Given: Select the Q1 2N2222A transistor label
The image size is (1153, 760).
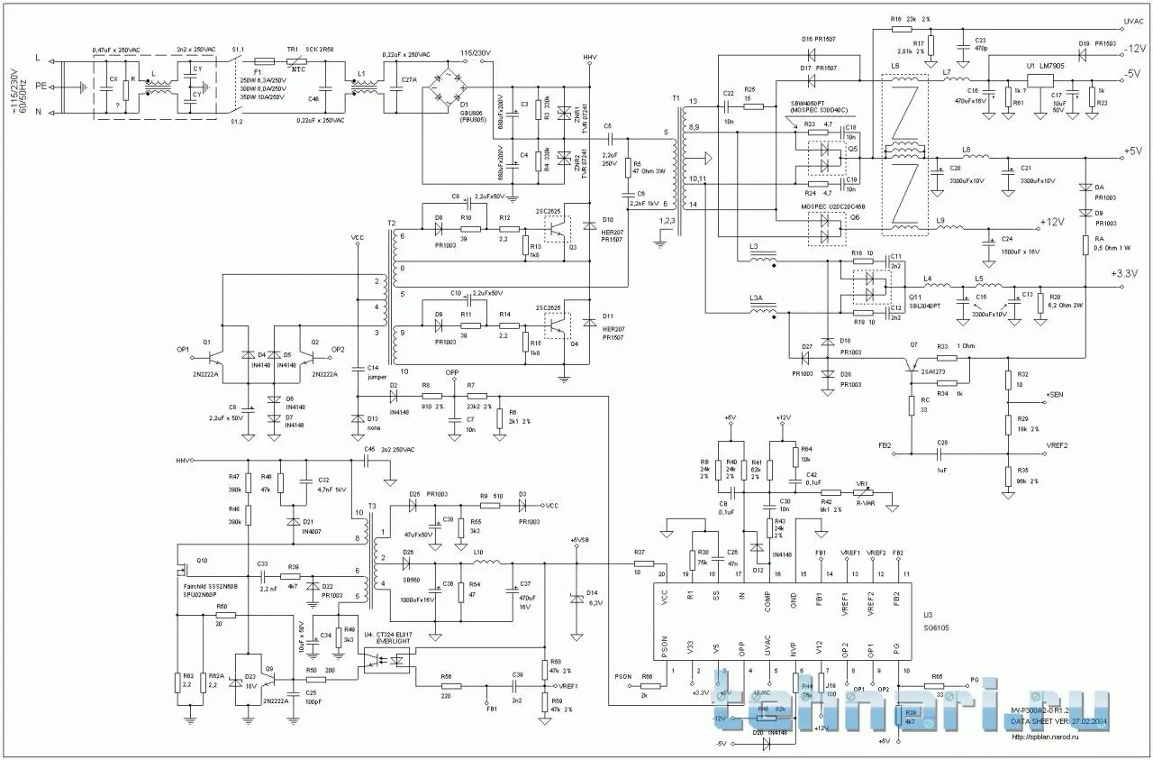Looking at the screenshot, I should tap(209, 343).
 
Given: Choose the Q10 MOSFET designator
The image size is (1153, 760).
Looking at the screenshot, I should tap(201, 560).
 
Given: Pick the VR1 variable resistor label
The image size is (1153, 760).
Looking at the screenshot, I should tap(861, 483).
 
